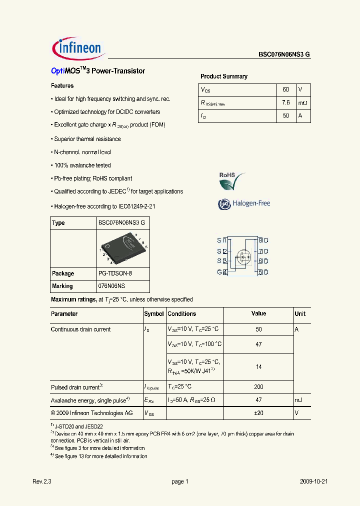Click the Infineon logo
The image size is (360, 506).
click(77, 48)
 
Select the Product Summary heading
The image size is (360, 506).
click(224, 76)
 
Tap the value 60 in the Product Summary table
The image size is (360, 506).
click(286, 89)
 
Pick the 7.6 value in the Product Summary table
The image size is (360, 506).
click(286, 102)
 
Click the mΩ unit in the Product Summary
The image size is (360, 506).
click(303, 102)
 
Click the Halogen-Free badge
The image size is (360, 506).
click(244, 203)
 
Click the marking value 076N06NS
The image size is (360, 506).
click(111, 286)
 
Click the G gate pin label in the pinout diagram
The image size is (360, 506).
click(219, 272)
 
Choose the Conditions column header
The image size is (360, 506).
click(182, 314)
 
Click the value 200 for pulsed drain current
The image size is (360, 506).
click(258, 387)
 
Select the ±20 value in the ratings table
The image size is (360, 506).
click(258, 413)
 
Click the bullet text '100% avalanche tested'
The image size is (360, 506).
click(82, 165)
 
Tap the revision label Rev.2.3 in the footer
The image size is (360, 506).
click(42, 481)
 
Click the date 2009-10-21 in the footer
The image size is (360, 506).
click(313, 481)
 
